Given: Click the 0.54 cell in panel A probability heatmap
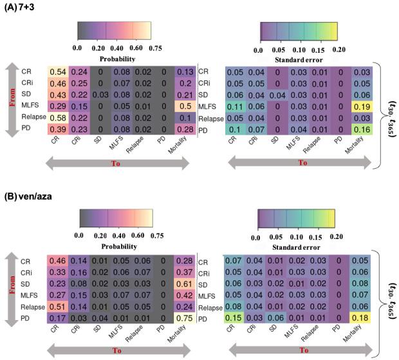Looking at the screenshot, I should pyautogui.click(x=57, y=71).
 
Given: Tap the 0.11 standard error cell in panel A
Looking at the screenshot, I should pyautogui.click(x=234, y=107).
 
